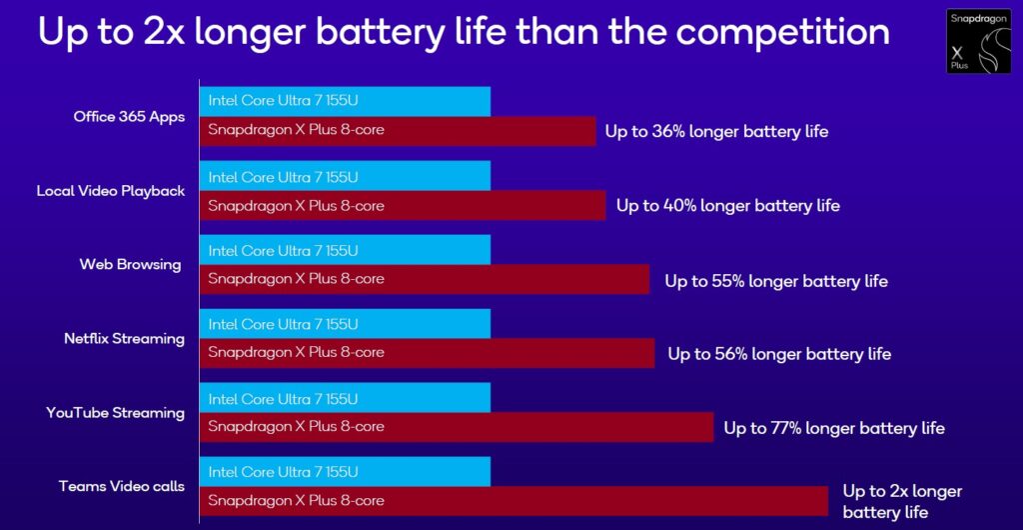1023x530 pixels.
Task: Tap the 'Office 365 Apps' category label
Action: coord(129,116)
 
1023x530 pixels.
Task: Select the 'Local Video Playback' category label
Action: coord(111,190)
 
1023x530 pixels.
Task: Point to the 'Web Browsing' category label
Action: coord(130,264)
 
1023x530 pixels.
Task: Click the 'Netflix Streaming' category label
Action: coord(124,338)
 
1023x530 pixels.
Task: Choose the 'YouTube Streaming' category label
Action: coord(116,412)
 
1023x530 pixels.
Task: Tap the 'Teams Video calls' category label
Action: coord(122,486)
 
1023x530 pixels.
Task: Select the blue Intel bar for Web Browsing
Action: coord(345,250)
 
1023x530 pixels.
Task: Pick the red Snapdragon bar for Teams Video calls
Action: coord(513,501)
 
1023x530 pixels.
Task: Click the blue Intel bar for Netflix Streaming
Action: coord(345,324)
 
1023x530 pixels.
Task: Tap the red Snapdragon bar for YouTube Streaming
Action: coord(457,427)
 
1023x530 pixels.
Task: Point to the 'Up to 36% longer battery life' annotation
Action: coord(716,131)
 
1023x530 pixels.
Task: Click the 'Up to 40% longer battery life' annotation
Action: coord(727,206)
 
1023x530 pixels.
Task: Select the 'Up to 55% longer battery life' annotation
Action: coord(776,281)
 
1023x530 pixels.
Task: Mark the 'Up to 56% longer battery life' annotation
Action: coord(779,354)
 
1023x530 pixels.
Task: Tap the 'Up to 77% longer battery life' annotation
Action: coord(834,428)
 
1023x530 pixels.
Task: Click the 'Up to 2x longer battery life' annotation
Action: coord(901,501)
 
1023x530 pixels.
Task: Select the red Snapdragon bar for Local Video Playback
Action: coord(403,205)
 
